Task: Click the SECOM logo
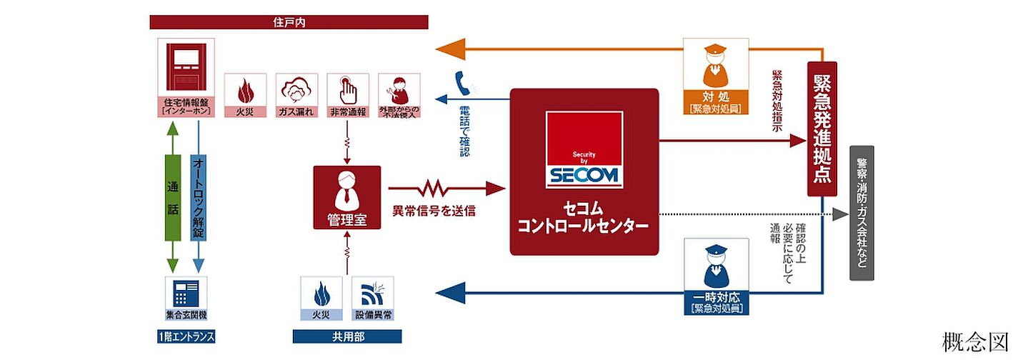[x=584, y=150]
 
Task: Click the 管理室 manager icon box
[x=346, y=197]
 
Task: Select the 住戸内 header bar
[x=289, y=22]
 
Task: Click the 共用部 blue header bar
[x=346, y=336]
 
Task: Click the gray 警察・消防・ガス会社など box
[x=862, y=213]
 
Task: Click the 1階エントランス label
[x=186, y=336]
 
